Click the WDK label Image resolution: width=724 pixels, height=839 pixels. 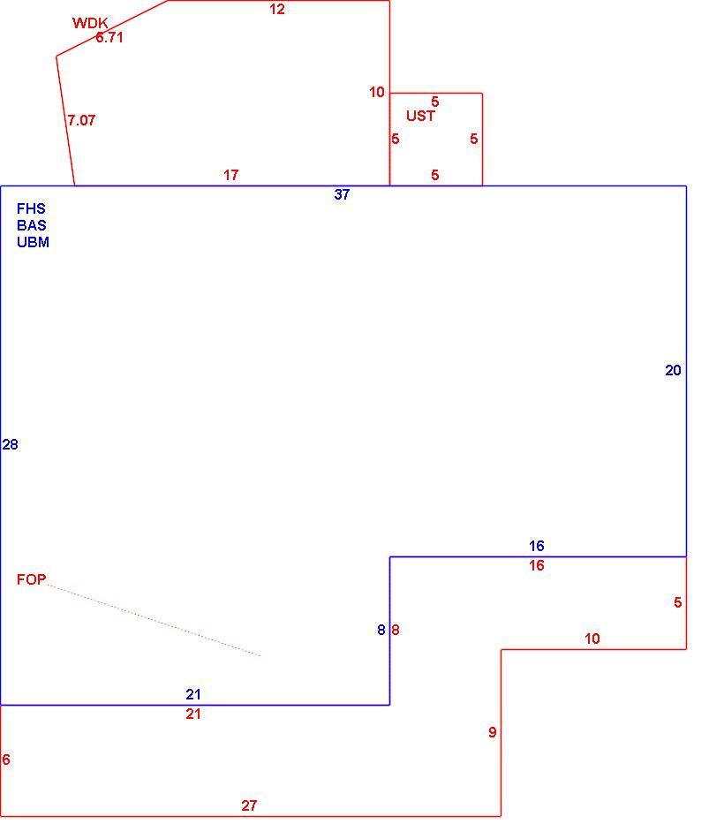pyautogui.click(x=90, y=23)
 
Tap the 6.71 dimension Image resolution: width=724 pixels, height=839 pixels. pyautogui.click(x=109, y=37)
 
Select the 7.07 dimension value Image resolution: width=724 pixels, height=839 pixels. pyautogui.click(x=81, y=120)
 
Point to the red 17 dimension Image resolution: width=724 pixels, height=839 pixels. pyautogui.click(x=231, y=175)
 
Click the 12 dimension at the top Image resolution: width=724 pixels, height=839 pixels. pyautogui.click(x=277, y=9)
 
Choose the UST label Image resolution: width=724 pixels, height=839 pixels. pyautogui.click(x=420, y=116)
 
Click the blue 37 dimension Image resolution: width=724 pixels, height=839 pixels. pyautogui.click(x=342, y=195)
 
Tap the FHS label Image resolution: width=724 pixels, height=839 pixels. pyautogui.click(x=31, y=208)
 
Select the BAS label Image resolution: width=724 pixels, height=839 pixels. pyautogui.click(x=32, y=225)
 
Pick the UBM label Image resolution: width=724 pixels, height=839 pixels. pyautogui.click(x=34, y=242)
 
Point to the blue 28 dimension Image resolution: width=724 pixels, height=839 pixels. pyautogui.click(x=11, y=444)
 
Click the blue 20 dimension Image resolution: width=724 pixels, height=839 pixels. pyautogui.click(x=673, y=370)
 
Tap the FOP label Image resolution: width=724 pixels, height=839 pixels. pyautogui.click(x=32, y=579)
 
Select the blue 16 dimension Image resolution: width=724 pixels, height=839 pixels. pyautogui.click(x=537, y=546)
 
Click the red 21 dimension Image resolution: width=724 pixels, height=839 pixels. pyautogui.click(x=193, y=714)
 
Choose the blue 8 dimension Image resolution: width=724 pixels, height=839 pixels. pyautogui.click(x=381, y=631)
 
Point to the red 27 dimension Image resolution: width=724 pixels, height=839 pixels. pyautogui.click(x=249, y=805)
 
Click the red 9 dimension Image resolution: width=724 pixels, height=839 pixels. pyautogui.click(x=493, y=732)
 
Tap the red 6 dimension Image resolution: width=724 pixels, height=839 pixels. pyautogui.click(x=6, y=760)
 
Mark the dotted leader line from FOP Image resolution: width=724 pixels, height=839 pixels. pyautogui.click(x=154, y=620)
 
